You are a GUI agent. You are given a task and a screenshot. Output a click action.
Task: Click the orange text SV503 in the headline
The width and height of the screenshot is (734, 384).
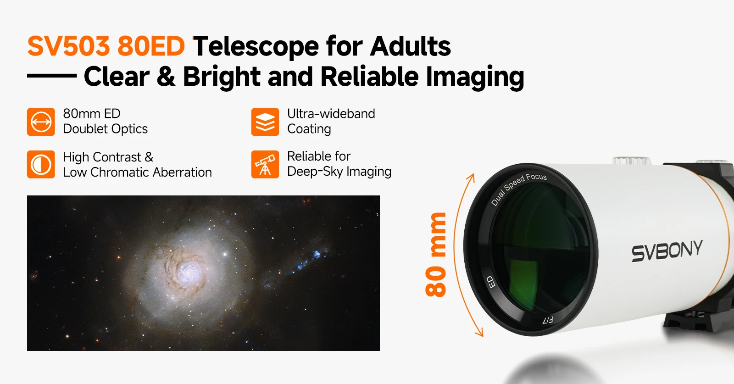click(x=68, y=46)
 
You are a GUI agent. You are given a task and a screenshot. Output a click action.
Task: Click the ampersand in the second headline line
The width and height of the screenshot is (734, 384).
click(x=166, y=76)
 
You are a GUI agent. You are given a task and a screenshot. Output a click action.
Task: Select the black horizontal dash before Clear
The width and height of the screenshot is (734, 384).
click(x=52, y=76)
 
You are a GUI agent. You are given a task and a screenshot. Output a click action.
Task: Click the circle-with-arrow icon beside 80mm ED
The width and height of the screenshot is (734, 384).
click(x=41, y=122)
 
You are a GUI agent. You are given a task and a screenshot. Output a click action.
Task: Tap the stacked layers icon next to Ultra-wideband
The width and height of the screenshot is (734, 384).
click(x=265, y=122)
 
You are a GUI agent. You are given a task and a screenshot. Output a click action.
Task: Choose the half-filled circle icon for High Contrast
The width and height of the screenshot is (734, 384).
click(x=41, y=165)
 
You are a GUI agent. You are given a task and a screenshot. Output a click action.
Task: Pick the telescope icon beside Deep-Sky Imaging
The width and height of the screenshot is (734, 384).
click(x=265, y=165)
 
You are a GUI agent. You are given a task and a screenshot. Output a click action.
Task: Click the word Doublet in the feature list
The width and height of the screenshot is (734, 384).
click(x=85, y=129)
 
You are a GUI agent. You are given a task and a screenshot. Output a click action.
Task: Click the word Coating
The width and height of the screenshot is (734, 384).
click(x=309, y=129)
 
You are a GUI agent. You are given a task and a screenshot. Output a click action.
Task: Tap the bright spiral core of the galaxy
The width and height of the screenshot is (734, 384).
click(x=188, y=271)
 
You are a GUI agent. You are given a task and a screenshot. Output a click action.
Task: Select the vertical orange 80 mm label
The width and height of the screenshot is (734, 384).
click(x=435, y=255)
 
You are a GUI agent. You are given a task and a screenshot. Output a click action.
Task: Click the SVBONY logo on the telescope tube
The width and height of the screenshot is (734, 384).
click(x=667, y=250)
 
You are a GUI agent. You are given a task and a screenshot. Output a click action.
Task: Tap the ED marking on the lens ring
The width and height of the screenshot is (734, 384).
click(x=490, y=282)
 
